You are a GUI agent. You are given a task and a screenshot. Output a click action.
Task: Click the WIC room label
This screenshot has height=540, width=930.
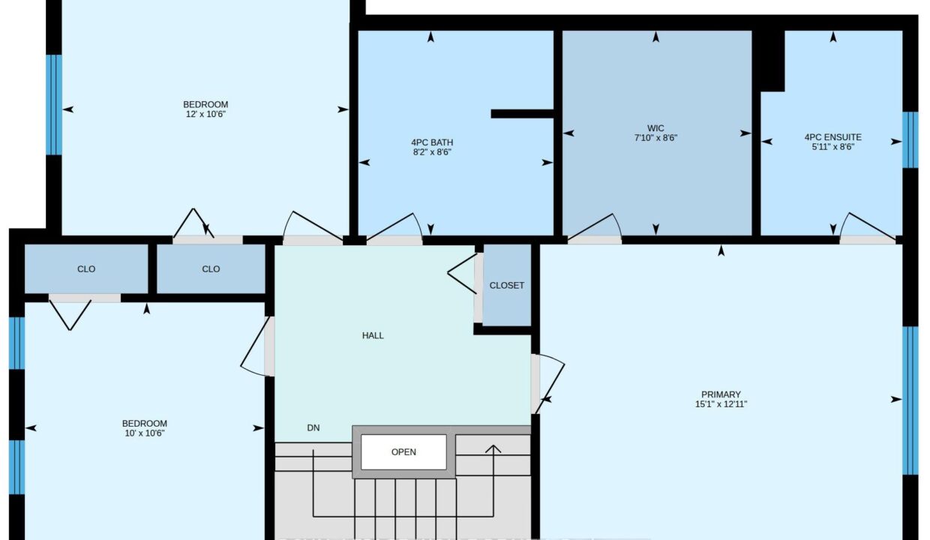pos(655,128)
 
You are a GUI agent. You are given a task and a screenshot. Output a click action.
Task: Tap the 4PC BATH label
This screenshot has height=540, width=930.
pos(432,142)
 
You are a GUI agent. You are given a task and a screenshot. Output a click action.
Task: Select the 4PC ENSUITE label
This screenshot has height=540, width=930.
pos(832,137)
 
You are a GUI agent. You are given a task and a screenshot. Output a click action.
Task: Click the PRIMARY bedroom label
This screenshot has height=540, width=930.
pos(721,394)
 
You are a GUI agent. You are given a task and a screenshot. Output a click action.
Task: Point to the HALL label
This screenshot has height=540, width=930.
pos(373,335)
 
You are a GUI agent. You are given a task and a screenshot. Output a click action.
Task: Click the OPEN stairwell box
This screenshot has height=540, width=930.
pos(403,452)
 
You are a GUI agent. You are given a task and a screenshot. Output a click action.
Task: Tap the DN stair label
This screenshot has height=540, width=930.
pos(313,428)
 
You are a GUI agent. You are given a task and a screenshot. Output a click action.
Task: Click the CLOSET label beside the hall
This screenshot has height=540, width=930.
pos(506,286)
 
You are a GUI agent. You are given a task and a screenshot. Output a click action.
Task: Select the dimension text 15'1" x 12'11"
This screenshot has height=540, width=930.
pos(721,404)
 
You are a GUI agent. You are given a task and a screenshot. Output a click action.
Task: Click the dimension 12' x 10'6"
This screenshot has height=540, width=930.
pos(205,114)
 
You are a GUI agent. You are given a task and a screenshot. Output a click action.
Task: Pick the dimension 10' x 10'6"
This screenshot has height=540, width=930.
pos(145,433)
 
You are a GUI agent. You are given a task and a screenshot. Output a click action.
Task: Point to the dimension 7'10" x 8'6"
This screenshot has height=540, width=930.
pos(655,138)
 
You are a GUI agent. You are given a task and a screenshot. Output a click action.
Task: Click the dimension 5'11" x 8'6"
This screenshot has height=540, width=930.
pos(832,147)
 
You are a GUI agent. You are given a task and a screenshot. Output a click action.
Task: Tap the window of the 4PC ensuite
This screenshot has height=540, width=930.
pos(910,140)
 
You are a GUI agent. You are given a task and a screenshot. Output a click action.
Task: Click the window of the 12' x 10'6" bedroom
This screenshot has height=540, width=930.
pos(53,104)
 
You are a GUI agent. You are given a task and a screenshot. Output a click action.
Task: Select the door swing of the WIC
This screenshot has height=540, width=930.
pos(595,226)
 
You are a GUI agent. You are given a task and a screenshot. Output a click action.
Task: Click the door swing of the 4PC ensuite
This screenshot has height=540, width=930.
pos(867,226)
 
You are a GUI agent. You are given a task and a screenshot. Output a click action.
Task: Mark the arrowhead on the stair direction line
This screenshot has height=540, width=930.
pos(493,449)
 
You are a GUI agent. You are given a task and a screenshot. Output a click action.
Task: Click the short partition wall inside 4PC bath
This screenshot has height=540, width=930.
pos(522,114)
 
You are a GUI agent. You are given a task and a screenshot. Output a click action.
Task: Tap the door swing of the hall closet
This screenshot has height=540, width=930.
pos(462,274)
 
